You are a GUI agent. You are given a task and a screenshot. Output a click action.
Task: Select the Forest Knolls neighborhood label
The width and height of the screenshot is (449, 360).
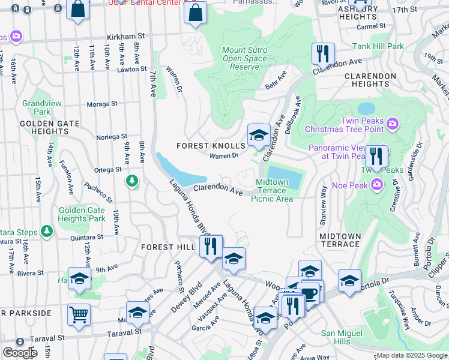211,146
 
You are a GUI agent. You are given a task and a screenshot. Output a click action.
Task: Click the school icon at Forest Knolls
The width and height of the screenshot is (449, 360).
259,135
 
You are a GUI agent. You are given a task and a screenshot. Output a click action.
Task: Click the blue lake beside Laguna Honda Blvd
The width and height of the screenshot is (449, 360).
180,172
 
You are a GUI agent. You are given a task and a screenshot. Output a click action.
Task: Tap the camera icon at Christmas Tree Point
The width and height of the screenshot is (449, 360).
393,124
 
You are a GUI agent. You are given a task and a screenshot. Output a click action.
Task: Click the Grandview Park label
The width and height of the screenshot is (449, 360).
37,107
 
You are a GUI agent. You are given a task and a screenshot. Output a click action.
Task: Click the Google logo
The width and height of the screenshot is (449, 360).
20,353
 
